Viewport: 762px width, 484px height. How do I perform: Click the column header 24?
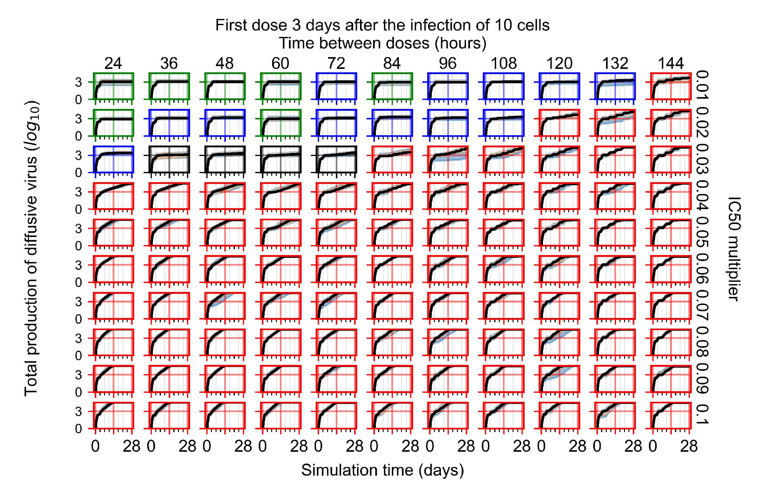click(113, 64)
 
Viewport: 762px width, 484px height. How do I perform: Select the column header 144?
click(671, 64)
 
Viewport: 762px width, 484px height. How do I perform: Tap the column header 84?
click(392, 64)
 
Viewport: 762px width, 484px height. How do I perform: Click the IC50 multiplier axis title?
click(734, 249)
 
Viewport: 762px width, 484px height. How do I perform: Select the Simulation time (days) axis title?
click(382, 470)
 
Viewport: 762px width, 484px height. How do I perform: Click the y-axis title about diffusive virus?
click(32, 248)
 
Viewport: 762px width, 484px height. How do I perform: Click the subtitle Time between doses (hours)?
click(382, 43)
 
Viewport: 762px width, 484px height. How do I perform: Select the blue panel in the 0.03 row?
click(113, 159)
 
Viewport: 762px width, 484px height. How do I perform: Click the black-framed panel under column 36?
click(169, 159)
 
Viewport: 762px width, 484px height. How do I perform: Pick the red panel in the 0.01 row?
click(671, 86)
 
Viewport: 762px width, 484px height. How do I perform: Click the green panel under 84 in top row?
click(392, 86)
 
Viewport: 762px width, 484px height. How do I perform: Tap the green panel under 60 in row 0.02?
click(281, 123)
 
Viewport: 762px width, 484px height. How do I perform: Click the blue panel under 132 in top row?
click(615, 86)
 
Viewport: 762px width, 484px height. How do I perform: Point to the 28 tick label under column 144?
click(689, 446)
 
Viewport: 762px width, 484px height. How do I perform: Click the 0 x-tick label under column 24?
click(95, 446)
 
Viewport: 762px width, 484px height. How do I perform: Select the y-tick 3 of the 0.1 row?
click(79, 412)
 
